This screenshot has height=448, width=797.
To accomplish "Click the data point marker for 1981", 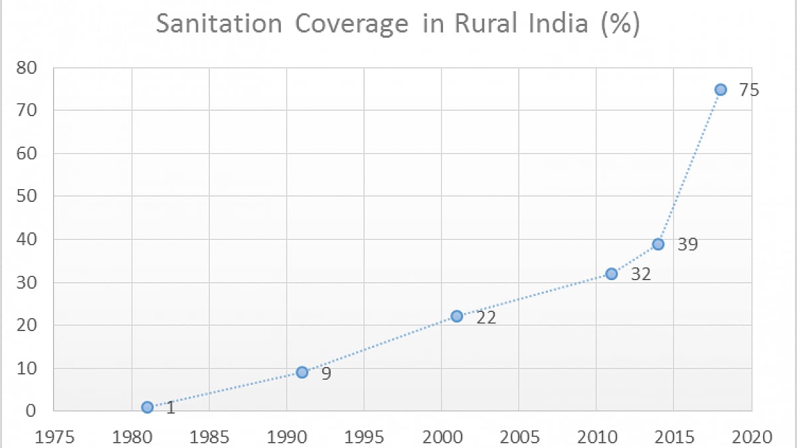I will point(147,407).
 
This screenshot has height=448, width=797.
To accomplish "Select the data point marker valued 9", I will point(302,372).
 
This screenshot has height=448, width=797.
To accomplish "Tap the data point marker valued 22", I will point(457,316).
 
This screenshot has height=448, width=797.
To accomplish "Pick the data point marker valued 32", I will point(612,273).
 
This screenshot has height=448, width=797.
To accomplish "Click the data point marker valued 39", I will point(658,244).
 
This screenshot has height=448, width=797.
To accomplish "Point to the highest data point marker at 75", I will point(721,90).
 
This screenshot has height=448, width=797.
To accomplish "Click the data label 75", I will point(749,90).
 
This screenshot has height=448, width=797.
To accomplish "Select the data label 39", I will point(688,244).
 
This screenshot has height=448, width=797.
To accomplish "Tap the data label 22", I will point(487,317).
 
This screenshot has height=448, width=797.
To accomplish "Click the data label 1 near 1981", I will point(171,408).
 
